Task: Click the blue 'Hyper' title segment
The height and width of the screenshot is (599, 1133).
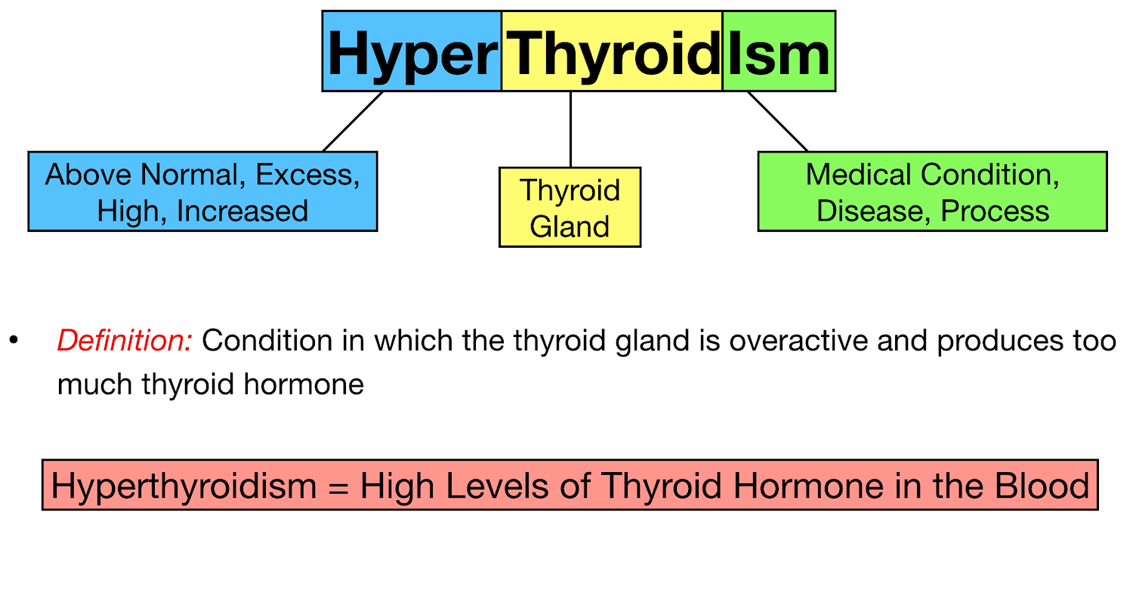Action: [x=412, y=51]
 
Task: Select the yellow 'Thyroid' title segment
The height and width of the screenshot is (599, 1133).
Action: [x=612, y=51]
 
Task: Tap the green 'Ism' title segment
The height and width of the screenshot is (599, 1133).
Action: [x=779, y=51]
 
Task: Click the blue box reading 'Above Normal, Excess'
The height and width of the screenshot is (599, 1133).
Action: [x=202, y=191]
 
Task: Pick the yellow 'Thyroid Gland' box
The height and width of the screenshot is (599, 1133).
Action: [x=570, y=207]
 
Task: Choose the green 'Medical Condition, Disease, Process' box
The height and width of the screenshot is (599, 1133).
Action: [x=932, y=191]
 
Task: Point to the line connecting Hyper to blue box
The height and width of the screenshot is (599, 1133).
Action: [x=353, y=122]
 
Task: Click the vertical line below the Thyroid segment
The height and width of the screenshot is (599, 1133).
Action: [x=570, y=129]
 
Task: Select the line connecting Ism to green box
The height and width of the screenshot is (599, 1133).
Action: [x=778, y=122]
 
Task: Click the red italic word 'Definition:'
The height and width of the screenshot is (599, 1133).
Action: [x=125, y=341]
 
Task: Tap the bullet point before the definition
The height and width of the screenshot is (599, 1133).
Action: [x=13, y=341]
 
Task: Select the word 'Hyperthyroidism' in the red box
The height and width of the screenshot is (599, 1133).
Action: [x=184, y=486]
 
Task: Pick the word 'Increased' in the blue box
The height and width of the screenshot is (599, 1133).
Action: [x=242, y=211]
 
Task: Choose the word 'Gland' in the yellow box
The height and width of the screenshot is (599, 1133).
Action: [x=570, y=227]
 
